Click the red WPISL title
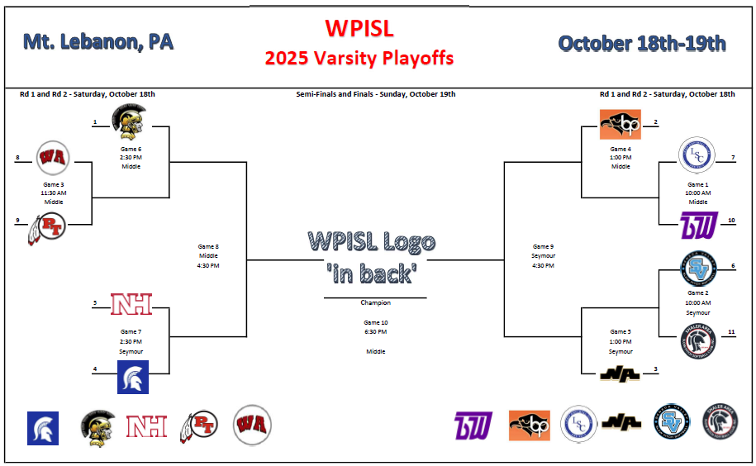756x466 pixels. point(359,29)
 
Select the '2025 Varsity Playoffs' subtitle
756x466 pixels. point(359,58)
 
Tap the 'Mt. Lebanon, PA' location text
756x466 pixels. point(98,42)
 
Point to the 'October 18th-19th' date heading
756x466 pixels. point(642,43)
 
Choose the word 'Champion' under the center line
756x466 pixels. point(375,303)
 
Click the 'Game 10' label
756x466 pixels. point(375,322)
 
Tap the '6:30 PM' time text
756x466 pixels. point(375,332)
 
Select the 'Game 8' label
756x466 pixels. point(209,246)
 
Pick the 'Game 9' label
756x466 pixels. point(543,246)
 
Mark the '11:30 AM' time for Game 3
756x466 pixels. point(54,193)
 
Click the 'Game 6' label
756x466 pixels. point(131,149)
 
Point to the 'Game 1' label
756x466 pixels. point(698,184)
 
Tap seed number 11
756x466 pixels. point(732,331)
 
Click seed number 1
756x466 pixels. point(95,122)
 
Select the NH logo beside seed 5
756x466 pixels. point(131,305)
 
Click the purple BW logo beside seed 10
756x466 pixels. point(697,225)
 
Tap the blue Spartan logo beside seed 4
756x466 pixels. point(132,378)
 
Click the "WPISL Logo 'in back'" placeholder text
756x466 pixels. point(372,257)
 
